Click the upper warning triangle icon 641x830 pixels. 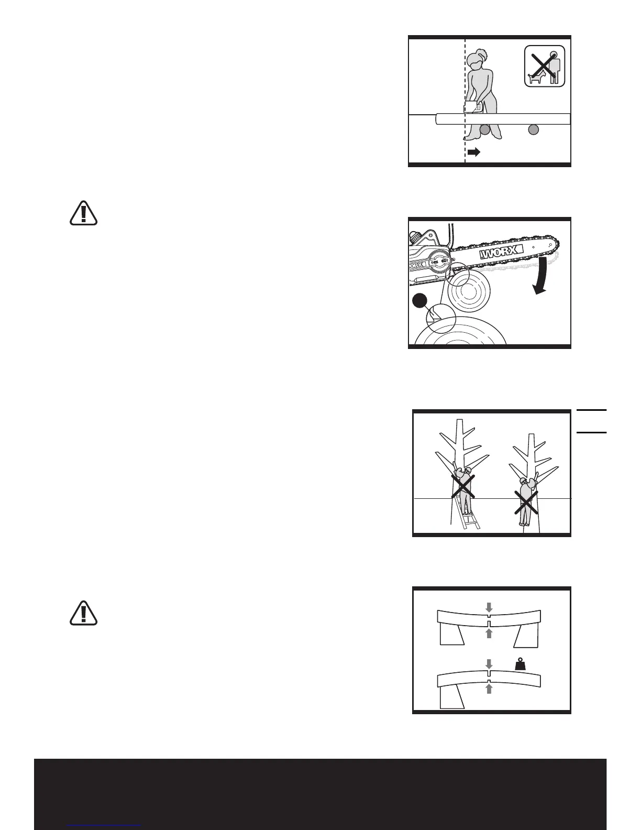click(x=83, y=212)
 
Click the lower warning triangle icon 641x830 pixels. click(x=83, y=613)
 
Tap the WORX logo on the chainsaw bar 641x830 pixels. click(x=501, y=254)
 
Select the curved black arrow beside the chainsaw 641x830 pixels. click(x=543, y=276)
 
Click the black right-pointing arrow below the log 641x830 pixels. click(x=474, y=152)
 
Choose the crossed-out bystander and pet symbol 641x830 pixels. click(x=545, y=66)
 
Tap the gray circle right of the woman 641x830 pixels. click(x=533, y=129)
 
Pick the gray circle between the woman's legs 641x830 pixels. click(x=485, y=129)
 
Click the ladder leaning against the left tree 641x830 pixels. click(x=102, y=516)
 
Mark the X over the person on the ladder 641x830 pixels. click(x=463, y=486)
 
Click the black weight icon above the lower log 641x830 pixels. click(x=522, y=664)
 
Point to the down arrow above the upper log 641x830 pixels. click(x=489, y=607)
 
